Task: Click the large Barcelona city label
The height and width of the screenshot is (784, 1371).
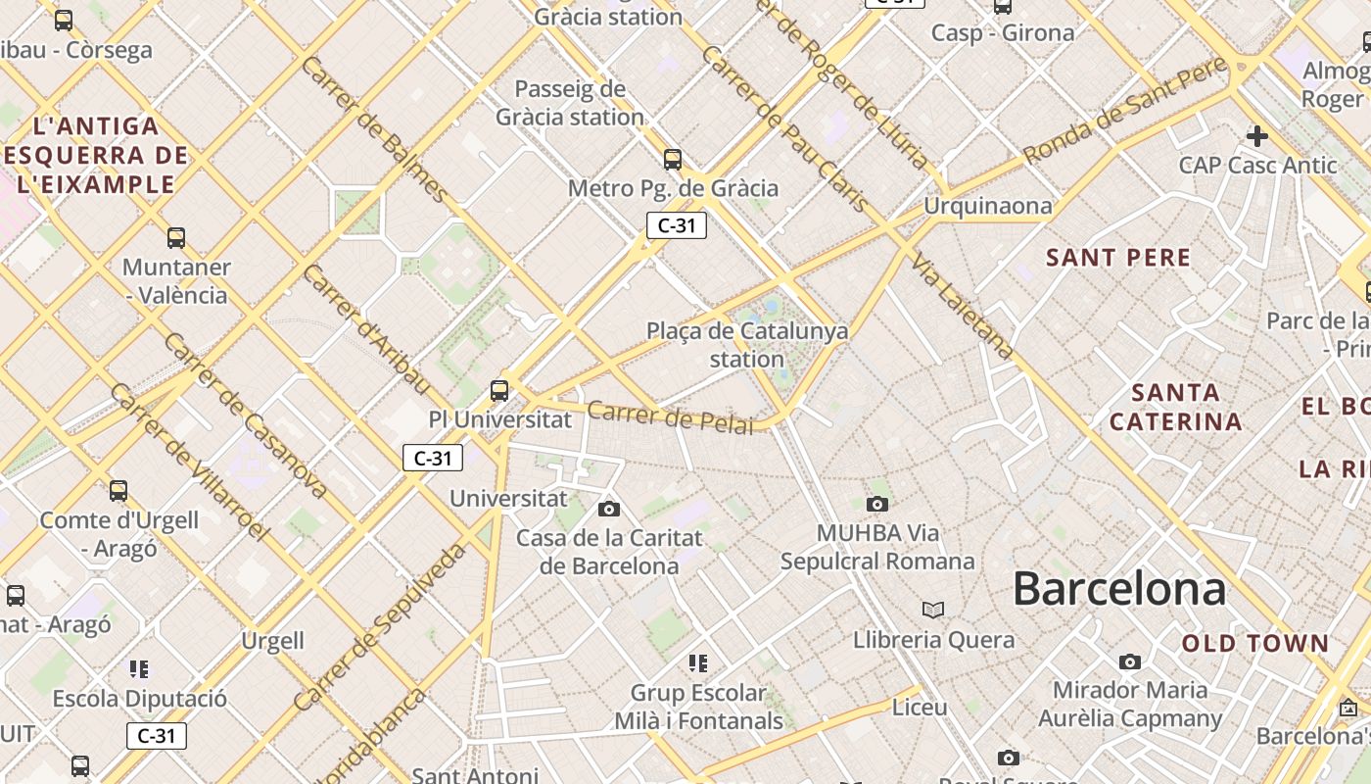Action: click(1118, 589)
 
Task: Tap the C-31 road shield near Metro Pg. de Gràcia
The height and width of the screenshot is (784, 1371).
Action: click(676, 225)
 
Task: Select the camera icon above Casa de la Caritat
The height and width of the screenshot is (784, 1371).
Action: click(609, 509)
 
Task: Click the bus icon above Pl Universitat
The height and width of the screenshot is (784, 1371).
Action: click(499, 390)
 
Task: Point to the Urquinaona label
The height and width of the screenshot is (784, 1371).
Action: click(987, 206)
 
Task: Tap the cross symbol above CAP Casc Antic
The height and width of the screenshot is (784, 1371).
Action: click(1257, 136)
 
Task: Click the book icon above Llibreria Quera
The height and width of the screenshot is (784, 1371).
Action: click(933, 610)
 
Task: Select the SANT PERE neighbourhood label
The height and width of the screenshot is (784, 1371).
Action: click(1118, 258)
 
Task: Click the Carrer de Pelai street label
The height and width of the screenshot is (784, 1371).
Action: click(671, 416)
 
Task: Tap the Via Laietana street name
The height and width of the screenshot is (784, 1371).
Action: click(962, 305)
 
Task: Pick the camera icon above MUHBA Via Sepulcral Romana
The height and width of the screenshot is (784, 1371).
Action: click(877, 505)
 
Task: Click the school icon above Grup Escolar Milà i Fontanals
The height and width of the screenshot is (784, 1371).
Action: click(698, 663)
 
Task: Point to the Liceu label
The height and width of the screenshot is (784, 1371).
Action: click(920, 707)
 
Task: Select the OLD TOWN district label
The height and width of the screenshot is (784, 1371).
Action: click(1254, 644)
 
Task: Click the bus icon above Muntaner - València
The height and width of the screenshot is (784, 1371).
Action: click(176, 237)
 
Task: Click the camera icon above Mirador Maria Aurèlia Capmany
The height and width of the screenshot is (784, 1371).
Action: click(1130, 661)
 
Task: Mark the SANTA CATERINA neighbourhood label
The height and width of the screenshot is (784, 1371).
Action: click(1176, 408)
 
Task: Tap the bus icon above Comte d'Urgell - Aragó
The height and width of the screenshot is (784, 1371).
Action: click(118, 490)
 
